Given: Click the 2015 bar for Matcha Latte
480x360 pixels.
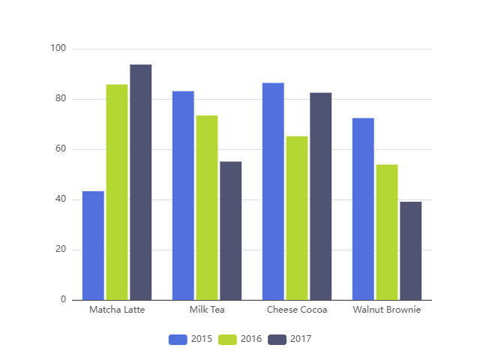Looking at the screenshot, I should coord(93,245).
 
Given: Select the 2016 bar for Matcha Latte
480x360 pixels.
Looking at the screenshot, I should coord(117,192).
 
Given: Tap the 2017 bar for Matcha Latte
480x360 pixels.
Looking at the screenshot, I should coord(141,182).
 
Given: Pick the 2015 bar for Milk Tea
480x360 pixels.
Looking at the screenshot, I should coord(183,196).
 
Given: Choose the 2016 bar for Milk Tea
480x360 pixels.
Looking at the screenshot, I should coord(207,208).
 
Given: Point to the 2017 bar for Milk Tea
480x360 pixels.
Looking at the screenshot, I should coord(231,230).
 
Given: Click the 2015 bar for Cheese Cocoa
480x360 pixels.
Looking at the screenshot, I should coord(273,191).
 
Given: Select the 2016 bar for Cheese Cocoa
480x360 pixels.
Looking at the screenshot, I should coord(297,217).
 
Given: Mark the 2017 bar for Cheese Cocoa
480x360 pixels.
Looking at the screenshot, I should coord(321,196).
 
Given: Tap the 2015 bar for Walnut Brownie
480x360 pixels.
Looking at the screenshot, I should coord(363,208).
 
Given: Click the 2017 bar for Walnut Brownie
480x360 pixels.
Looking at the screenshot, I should coord(411,250).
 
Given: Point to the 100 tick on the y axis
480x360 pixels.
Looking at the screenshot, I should coord(58,49).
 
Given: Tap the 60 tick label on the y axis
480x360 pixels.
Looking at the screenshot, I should coord(58,149).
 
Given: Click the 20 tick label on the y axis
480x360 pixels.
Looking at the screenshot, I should coord(58,250).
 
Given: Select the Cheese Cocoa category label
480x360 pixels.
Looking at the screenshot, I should coord(297,310).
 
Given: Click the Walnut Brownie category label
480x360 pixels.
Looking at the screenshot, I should coord(387,310).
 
